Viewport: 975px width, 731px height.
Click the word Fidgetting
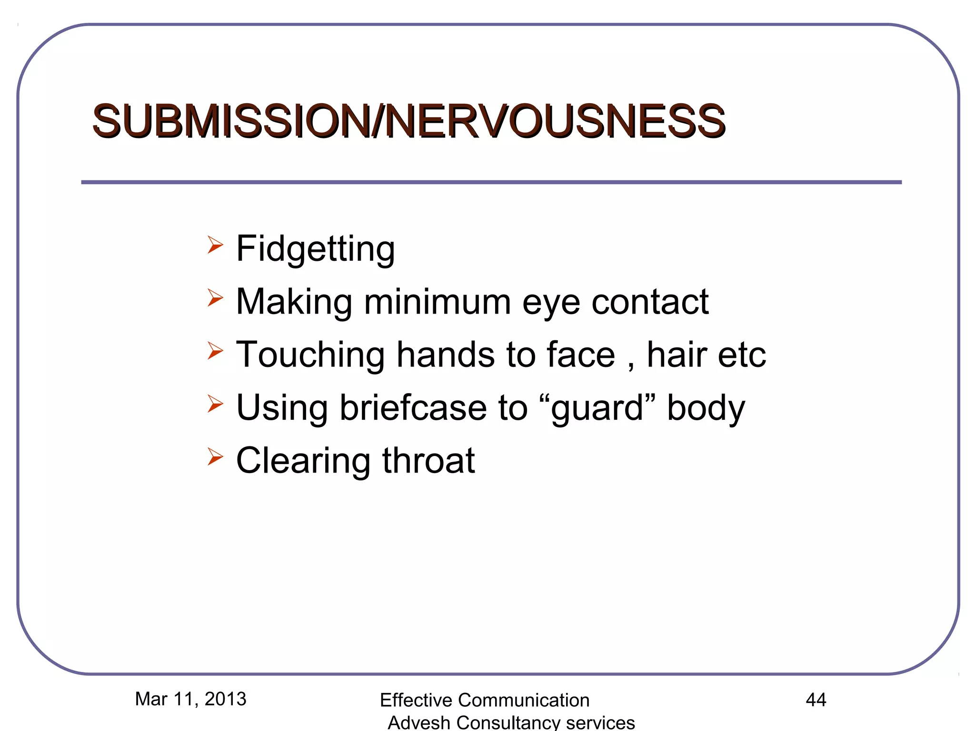click(x=315, y=249)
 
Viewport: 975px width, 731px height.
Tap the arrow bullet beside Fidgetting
click(x=215, y=245)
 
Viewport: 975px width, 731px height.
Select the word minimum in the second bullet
click(x=438, y=302)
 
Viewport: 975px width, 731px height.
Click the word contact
click(x=650, y=302)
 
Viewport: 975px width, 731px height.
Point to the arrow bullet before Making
click(x=215, y=298)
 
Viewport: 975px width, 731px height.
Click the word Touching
click(x=310, y=355)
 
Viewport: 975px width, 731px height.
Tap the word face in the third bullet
click(x=581, y=355)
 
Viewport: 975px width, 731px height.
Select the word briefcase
click(x=413, y=408)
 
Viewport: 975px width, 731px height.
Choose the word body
click(x=706, y=408)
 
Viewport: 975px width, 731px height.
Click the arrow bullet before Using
click(x=215, y=404)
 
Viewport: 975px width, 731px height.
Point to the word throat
click(x=428, y=461)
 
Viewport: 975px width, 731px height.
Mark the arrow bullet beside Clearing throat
click(x=215, y=457)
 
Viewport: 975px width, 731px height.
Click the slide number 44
click(x=816, y=700)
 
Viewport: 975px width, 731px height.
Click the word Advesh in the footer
click(x=419, y=722)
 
